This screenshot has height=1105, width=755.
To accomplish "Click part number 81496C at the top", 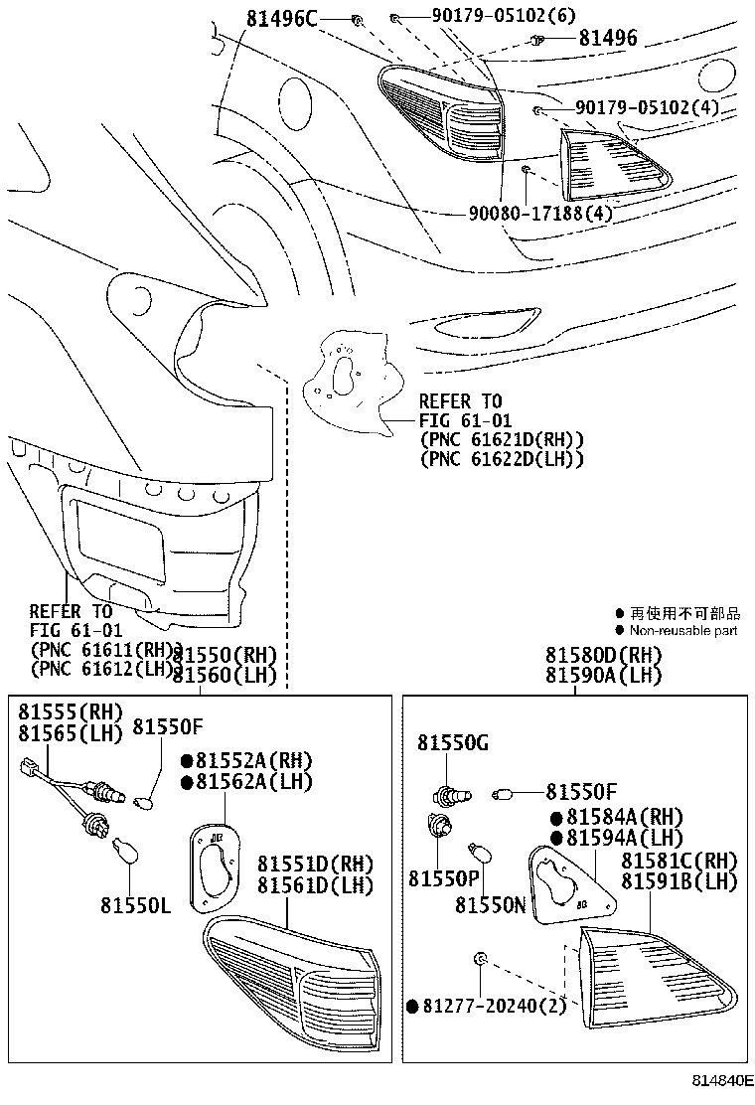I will pyautogui.click(x=282, y=18).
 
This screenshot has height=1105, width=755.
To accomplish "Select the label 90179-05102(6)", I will pyautogui.click(x=490, y=17).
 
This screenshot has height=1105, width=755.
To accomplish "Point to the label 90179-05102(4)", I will pyautogui.click(x=648, y=108).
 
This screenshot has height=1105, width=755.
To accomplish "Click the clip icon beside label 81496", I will pyautogui.click(x=536, y=40).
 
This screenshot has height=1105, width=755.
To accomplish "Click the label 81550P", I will pyautogui.click(x=444, y=879).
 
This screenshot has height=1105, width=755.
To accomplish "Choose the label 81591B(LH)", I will pyautogui.click(x=679, y=880).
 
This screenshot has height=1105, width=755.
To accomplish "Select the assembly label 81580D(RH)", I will pyautogui.click(x=602, y=656).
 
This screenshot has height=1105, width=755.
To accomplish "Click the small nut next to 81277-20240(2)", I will pyautogui.click(x=479, y=958).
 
